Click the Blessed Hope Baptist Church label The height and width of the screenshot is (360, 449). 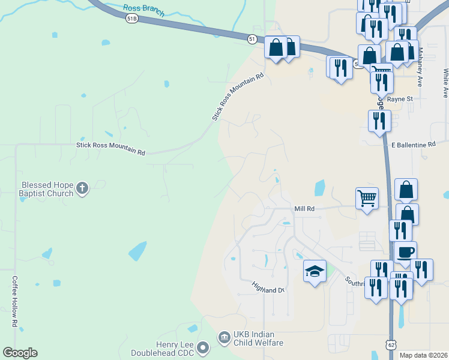click(x=46, y=190)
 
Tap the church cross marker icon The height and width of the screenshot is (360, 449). click(x=83, y=190)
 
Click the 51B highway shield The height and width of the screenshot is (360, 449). click(x=132, y=19)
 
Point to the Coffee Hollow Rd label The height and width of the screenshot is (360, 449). click(x=14, y=301)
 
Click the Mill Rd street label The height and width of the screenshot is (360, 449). click(x=304, y=208)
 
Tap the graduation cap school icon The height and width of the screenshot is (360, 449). click(x=315, y=271)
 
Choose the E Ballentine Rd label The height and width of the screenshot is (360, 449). click(x=413, y=145)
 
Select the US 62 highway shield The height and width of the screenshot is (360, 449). click(x=391, y=344)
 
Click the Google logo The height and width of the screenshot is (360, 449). click(x=20, y=353)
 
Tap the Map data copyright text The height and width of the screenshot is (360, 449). click(x=423, y=355)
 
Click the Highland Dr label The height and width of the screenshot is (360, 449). click(x=267, y=287)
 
